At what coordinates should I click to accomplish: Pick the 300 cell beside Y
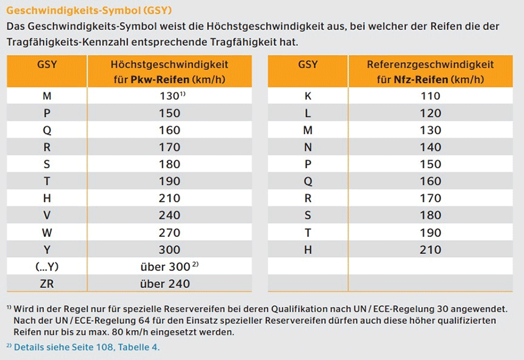pyautogui.click(x=170, y=249)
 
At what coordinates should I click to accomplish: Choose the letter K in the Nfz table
pyautogui.click(x=308, y=96)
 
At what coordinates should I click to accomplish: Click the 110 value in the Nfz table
pyautogui.click(x=430, y=96)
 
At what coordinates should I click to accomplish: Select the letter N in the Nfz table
pyautogui.click(x=308, y=147)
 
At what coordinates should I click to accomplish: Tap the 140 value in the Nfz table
pyautogui.click(x=430, y=147)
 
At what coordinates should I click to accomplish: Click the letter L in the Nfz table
pyautogui.click(x=308, y=113)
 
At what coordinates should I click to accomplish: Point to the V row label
pyautogui.click(x=47, y=215)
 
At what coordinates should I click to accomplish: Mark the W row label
pyautogui.click(x=47, y=232)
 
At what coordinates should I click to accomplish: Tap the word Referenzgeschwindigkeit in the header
pyautogui.click(x=430, y=65)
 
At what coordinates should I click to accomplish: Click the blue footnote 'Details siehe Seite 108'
pyautogui.click(x=86, y=347)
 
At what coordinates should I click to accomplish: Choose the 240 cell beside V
pyautogui.click(x=170, y=215)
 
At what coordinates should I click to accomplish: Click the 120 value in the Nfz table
pyautogui.click(x=430, y=113)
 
